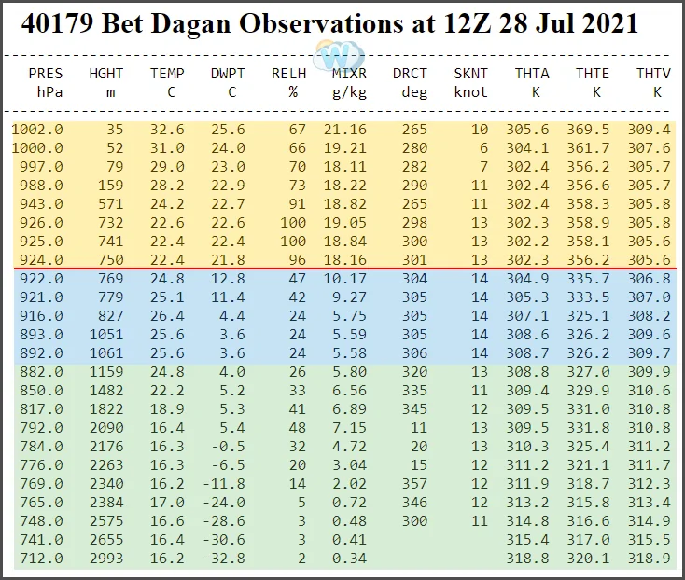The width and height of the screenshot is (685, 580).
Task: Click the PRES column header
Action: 46,74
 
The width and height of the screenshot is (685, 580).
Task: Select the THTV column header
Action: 652,74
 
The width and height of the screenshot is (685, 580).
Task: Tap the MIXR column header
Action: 349,74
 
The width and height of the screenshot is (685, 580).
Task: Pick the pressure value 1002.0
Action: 37,129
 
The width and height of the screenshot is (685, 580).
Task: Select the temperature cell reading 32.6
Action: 167,129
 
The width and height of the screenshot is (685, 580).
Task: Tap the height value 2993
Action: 105,559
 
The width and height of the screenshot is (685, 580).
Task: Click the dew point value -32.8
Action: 228,559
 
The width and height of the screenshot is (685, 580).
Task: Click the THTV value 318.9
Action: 652,559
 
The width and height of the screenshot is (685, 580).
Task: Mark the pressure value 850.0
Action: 42,389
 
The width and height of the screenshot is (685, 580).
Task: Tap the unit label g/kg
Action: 350,91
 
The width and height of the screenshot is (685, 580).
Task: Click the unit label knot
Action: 470,91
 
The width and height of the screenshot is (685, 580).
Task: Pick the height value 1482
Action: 105,389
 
